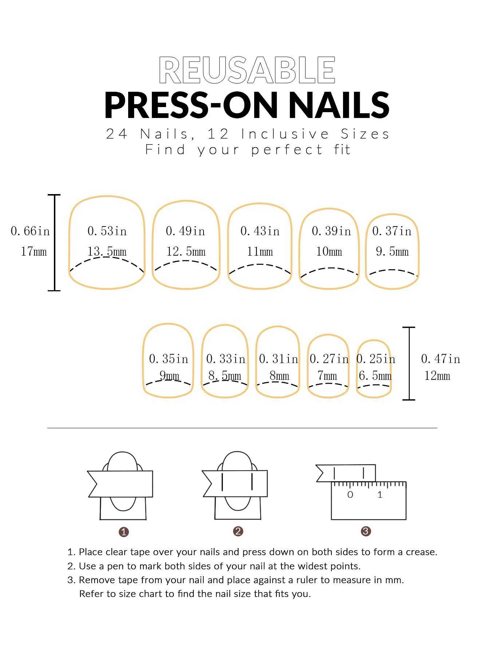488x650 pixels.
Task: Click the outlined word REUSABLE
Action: coord(247,70)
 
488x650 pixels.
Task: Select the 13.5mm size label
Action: coord(107,252)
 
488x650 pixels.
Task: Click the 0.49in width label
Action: coord(185,231)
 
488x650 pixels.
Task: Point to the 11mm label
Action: coord(260,252)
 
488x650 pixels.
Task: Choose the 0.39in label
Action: coord(331,231)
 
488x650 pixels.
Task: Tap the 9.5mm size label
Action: coord(392,252)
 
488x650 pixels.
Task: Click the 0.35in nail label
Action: coord(169,359)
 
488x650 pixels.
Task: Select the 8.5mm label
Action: coord(225,376)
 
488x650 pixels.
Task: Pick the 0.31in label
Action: coord(279,359)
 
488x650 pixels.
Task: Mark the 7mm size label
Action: coord(327,376)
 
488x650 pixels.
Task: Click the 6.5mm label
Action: coord(375,376)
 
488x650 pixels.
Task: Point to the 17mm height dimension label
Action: coord(34,252)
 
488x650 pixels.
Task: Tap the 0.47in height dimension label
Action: coord(441,359)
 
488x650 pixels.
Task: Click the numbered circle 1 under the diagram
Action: coord(124,532)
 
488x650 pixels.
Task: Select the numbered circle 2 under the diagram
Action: coord(238,531)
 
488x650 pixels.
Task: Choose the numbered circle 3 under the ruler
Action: coord(366,531)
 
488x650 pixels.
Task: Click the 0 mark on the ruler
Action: coord(350,495)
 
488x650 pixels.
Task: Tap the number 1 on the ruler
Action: coord(380,495)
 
